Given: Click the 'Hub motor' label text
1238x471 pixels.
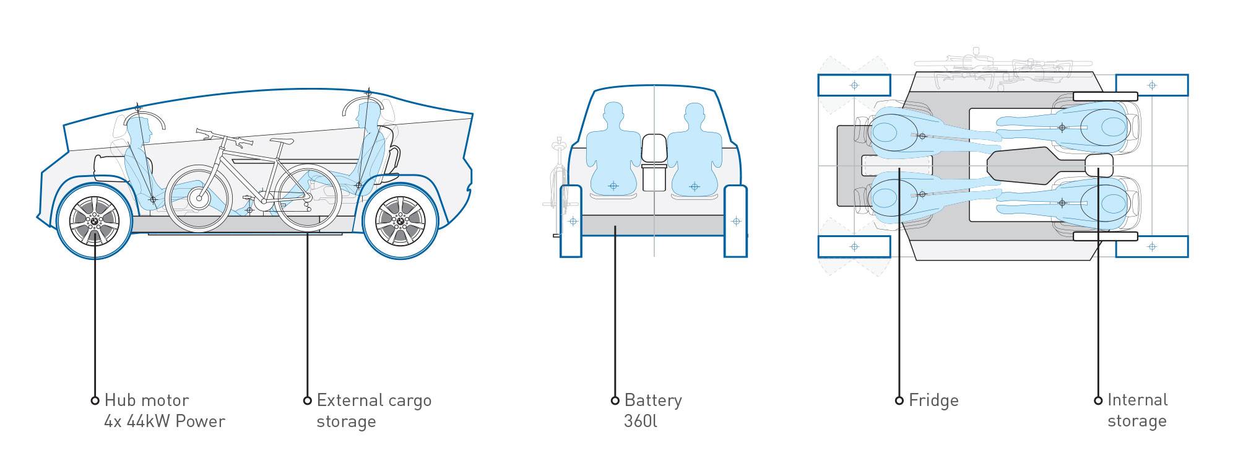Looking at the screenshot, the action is [x=147, y=400].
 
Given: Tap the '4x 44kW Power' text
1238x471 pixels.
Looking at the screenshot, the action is [x=165, y=421].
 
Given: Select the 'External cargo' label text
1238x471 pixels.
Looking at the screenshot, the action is [x=374, y=401].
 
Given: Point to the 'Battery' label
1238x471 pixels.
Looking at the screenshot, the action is [x=653, y=401].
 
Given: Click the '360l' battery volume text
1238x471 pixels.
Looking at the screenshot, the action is [x=641, y=421].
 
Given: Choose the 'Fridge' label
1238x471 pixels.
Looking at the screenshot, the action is [x=933, y=401].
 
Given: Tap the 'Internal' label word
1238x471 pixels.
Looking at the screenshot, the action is [x=1138, y=400].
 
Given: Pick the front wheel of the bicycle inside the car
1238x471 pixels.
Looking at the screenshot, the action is [x=199, y=198].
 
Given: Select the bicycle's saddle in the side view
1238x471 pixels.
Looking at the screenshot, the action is [x=281, y=142].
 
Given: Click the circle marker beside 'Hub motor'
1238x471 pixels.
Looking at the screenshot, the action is [x=95, y=400].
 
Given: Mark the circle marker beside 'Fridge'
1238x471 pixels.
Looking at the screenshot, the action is [x=899, y=400].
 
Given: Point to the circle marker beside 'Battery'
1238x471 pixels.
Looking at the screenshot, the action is [x=615, y=400].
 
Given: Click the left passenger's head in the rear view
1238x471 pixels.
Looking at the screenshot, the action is [x=613, y=113].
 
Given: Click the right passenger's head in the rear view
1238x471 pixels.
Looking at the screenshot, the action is [x=695, y=113].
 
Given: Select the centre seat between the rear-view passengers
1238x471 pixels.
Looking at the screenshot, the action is [x=654, y=162].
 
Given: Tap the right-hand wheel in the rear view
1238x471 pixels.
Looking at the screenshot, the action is [x=735, y=221].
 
